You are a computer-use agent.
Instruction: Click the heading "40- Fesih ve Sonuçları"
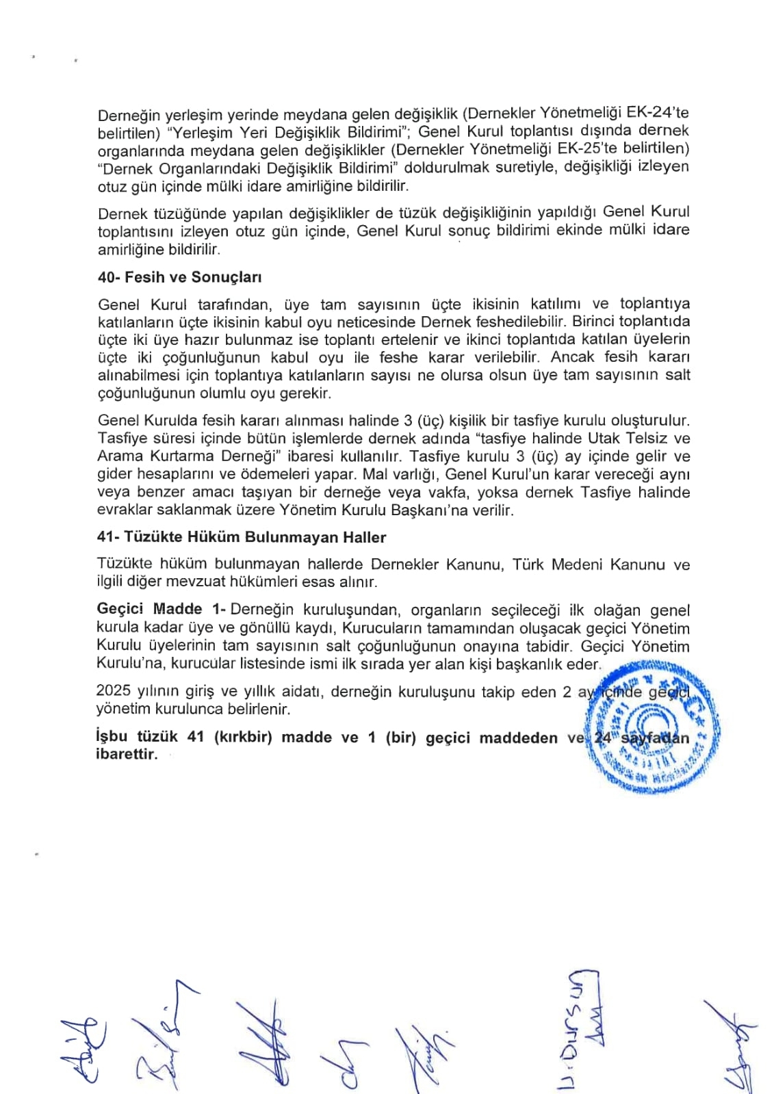pyautogui.click(x=179, y=277)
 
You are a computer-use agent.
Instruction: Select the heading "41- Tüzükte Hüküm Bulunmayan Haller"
pyautogui.click(x=242, y=537)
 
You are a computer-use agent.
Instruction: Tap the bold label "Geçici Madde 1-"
pyautogui.click(x=162, y=610)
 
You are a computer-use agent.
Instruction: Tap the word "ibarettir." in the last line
pyautogui.click(x=127, y=755)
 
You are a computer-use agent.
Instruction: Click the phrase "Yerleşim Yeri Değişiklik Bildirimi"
pyautogui.click(x=288, y=131)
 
